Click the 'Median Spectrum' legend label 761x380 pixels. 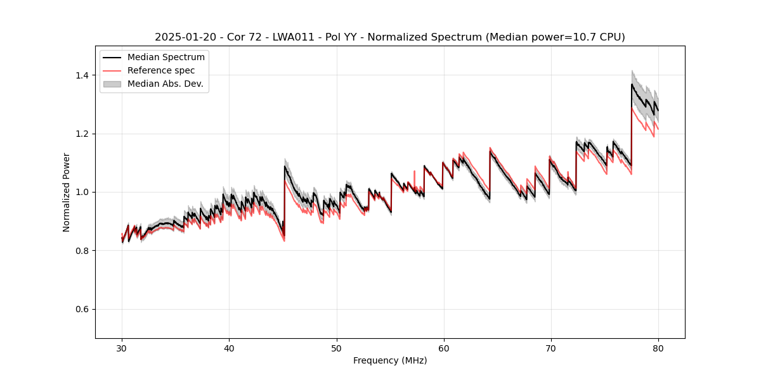[x=166, y=58]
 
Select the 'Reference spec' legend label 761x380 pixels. [x=161, y=70]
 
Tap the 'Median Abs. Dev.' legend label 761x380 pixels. [x=165, y=84]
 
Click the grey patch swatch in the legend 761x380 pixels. [x=112, y=84]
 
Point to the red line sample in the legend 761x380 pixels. [x=112, y=70]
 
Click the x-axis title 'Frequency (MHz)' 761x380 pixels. [x=390, y=360]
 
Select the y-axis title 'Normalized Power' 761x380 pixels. [x=67, y=192]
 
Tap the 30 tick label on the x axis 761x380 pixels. [x=122, y=348]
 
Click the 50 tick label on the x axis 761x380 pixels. [x=337, y=348]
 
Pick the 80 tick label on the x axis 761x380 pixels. [x=658, y=348]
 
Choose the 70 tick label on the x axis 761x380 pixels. [x=551, y=348]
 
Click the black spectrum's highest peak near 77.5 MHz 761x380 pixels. [x=632, y=84]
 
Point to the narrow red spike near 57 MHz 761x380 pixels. [x=414, y=171]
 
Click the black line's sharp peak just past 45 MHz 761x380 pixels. [x=285, y=166]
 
